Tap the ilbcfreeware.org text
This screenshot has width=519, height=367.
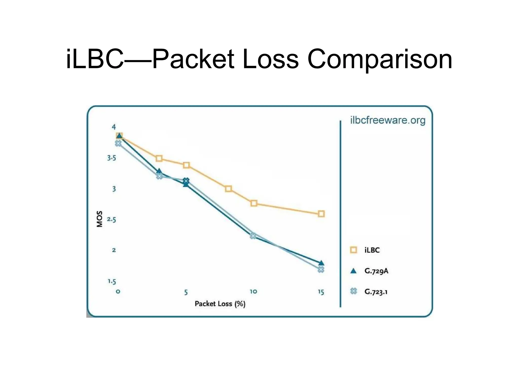click(387, 120)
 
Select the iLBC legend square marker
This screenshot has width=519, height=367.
click(353, 250)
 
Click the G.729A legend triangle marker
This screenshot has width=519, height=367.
click(353, 271)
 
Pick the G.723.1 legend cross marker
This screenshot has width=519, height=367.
click(353, 291)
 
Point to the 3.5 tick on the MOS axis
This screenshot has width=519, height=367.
click(112, 158)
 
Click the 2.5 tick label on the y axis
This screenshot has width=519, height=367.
click(112, 219)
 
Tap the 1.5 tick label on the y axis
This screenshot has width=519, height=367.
click(112, 282)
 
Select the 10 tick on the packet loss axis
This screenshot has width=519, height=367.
click(253, 292)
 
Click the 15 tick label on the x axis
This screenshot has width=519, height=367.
click(321, 292)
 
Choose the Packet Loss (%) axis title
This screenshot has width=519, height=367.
click(220, 304)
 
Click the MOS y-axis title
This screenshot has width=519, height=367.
click(100, 219)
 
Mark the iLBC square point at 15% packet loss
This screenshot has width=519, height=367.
click(321, 214)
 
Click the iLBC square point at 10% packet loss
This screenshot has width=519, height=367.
click(254, 203)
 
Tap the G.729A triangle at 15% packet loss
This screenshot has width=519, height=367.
click(321, 263)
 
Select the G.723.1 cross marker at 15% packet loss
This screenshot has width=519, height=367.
click(321, 269)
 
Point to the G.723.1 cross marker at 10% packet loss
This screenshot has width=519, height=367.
click(253, 236)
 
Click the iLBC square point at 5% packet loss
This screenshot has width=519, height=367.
click(186, 165)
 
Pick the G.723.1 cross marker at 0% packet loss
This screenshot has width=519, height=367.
click(118, 143)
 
